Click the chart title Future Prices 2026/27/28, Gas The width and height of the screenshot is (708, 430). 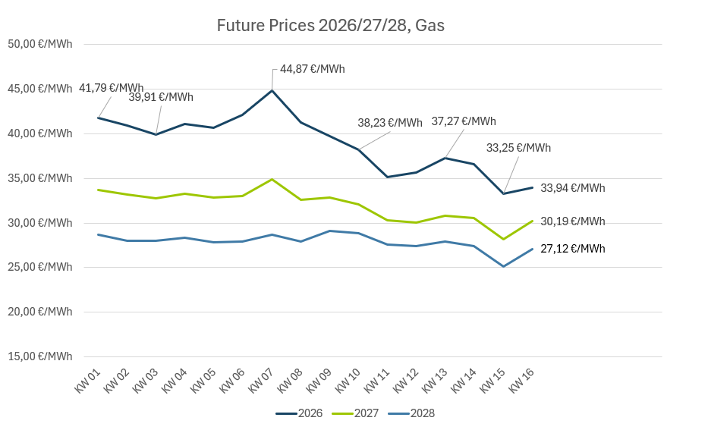tap(330, 25)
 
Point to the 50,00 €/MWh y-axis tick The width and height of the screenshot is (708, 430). tap(40, 44)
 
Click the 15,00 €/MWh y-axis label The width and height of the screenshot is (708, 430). tap(40, 356)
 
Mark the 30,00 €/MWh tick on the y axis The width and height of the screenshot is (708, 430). tap(40, 223)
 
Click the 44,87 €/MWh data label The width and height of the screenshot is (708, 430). tap(312, 69)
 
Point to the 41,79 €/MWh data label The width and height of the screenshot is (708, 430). tap(111, 88)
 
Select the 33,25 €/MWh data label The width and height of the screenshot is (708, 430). tap(518, 148)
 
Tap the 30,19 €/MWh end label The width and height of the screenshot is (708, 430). tap(573, 221)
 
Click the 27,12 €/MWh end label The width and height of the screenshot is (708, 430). tap(573, 249)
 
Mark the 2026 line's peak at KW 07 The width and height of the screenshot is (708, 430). tap(272, 90)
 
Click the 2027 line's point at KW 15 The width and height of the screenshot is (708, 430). tap(503, 239)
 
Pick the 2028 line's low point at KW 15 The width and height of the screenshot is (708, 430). tap(503, 266)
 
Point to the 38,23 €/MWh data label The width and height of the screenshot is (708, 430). tap(390, 123)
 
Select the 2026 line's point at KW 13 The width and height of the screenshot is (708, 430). tap(445, 158)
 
